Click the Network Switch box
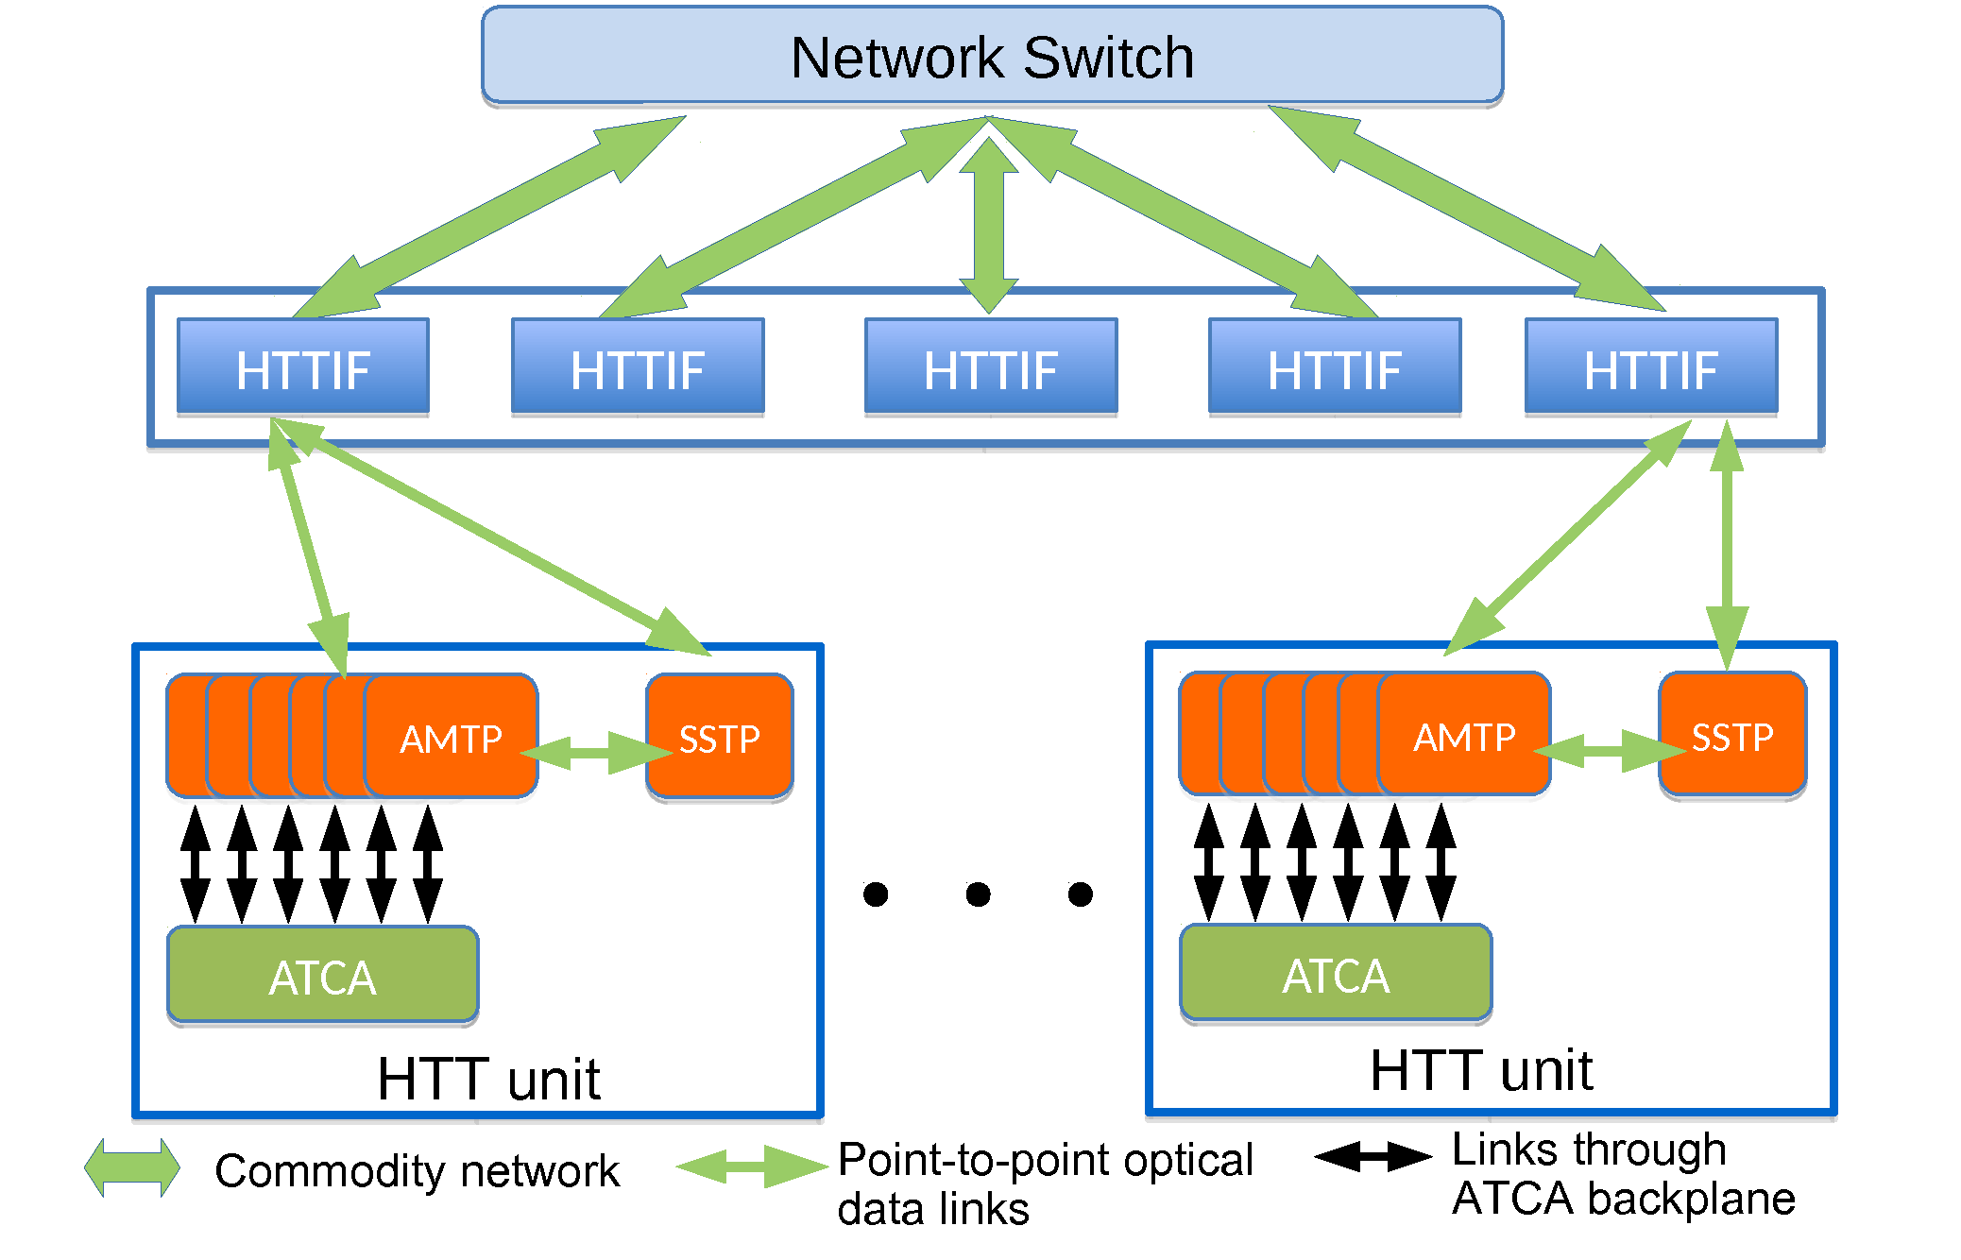point(992,55)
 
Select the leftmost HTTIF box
point(303,366)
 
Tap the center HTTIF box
point(991,366)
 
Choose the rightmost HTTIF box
point(1651,366)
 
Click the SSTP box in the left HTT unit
point(720,737)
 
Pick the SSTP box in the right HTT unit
point(1732,735)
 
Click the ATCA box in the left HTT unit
point(323,975)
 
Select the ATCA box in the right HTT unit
point(1336,973)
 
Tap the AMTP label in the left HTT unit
point(451,740)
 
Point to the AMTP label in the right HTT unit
point(1464,738)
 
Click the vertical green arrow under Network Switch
point(989,225)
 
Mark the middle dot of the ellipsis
point(979,894)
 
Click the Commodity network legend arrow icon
point(132,1167)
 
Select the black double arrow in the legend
point(1373,1156)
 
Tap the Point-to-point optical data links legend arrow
point(753,1167)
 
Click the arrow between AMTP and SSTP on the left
point(596,752)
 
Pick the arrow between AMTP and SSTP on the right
point(1610,750)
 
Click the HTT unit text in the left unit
point(488,1079)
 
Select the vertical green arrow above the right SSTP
point(1727,546)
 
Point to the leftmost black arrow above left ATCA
point(196,864)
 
